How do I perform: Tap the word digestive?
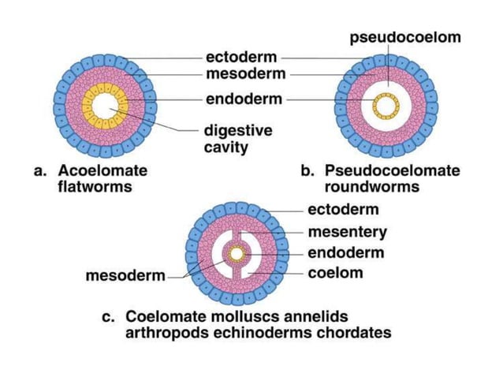(x=239, y=130)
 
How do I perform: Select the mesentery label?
(x=347, y=232)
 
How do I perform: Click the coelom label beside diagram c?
(x=335, y=273)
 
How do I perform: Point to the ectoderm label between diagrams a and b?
(x=242, y=57)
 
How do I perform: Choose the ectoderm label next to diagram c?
(x=343, y=210)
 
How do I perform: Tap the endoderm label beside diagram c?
(x=345, y=253)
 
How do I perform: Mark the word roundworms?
(x=371, y=188)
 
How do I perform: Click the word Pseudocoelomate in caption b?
(x=392, y=170)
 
